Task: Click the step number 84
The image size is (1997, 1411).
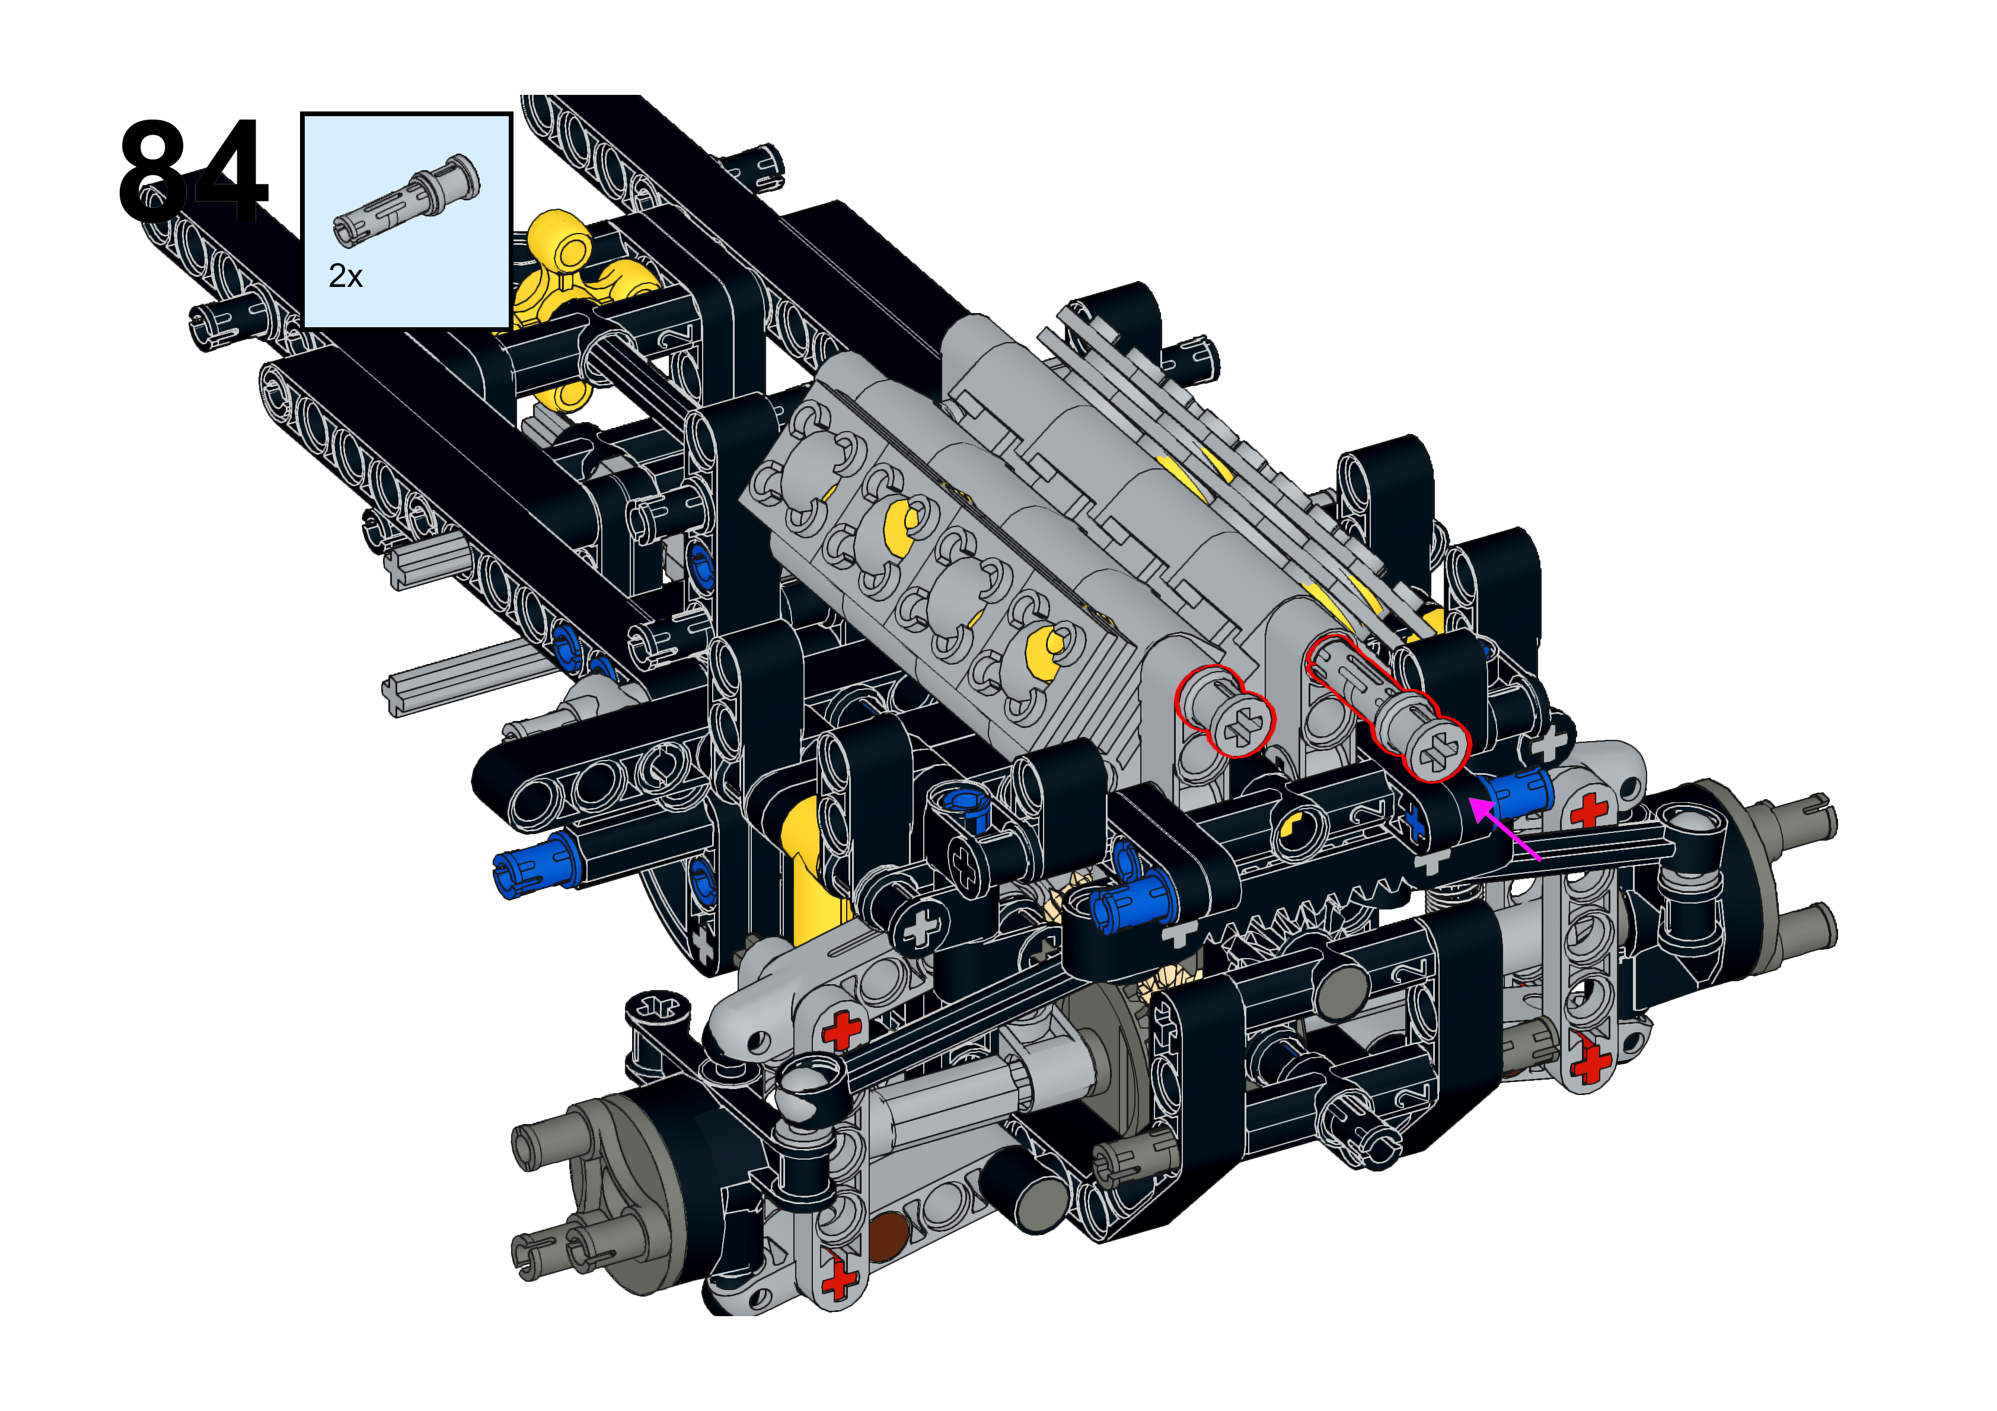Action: (193, 171)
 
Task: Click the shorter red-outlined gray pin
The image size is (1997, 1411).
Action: (1224, 711)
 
